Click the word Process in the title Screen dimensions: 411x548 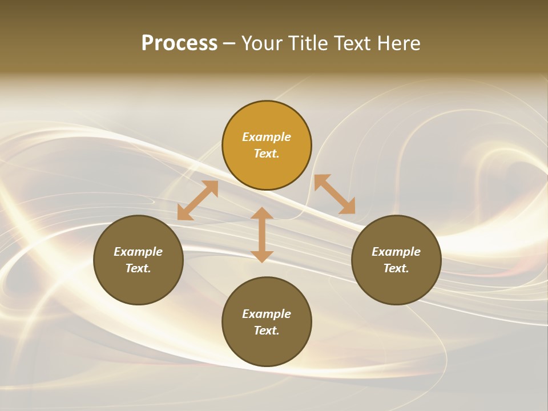(x=179, y=43)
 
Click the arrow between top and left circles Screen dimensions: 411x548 (x=198, y=200)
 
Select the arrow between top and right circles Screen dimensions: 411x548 (x=335, y=194)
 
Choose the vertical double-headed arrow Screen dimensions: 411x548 (x=262, y=235)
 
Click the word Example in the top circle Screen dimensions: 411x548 (x=267, y=137)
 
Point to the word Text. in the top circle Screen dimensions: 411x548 (x=267, y=154)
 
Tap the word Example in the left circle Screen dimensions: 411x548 (x=138, y=252)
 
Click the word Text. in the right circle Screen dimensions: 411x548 (x=396, y=268)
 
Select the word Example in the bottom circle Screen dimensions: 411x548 (x=267, y=314)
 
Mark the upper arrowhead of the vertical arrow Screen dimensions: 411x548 (x=262, y=213)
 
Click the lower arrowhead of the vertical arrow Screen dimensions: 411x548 (x=262, y=256)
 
